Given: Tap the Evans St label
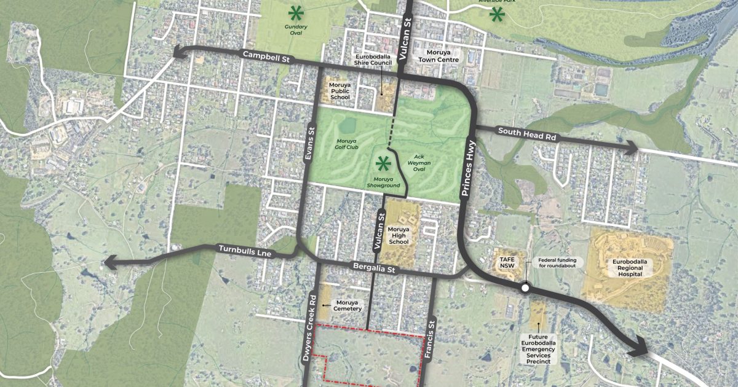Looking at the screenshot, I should click(310, 143).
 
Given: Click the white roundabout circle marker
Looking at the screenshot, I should click(525, 287).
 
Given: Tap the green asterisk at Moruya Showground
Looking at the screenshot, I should click(384, 163).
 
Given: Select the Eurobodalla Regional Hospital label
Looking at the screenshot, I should click(627, 267).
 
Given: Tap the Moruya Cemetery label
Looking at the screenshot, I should click(348, 305).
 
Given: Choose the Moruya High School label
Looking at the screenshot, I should click(399, 235).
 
